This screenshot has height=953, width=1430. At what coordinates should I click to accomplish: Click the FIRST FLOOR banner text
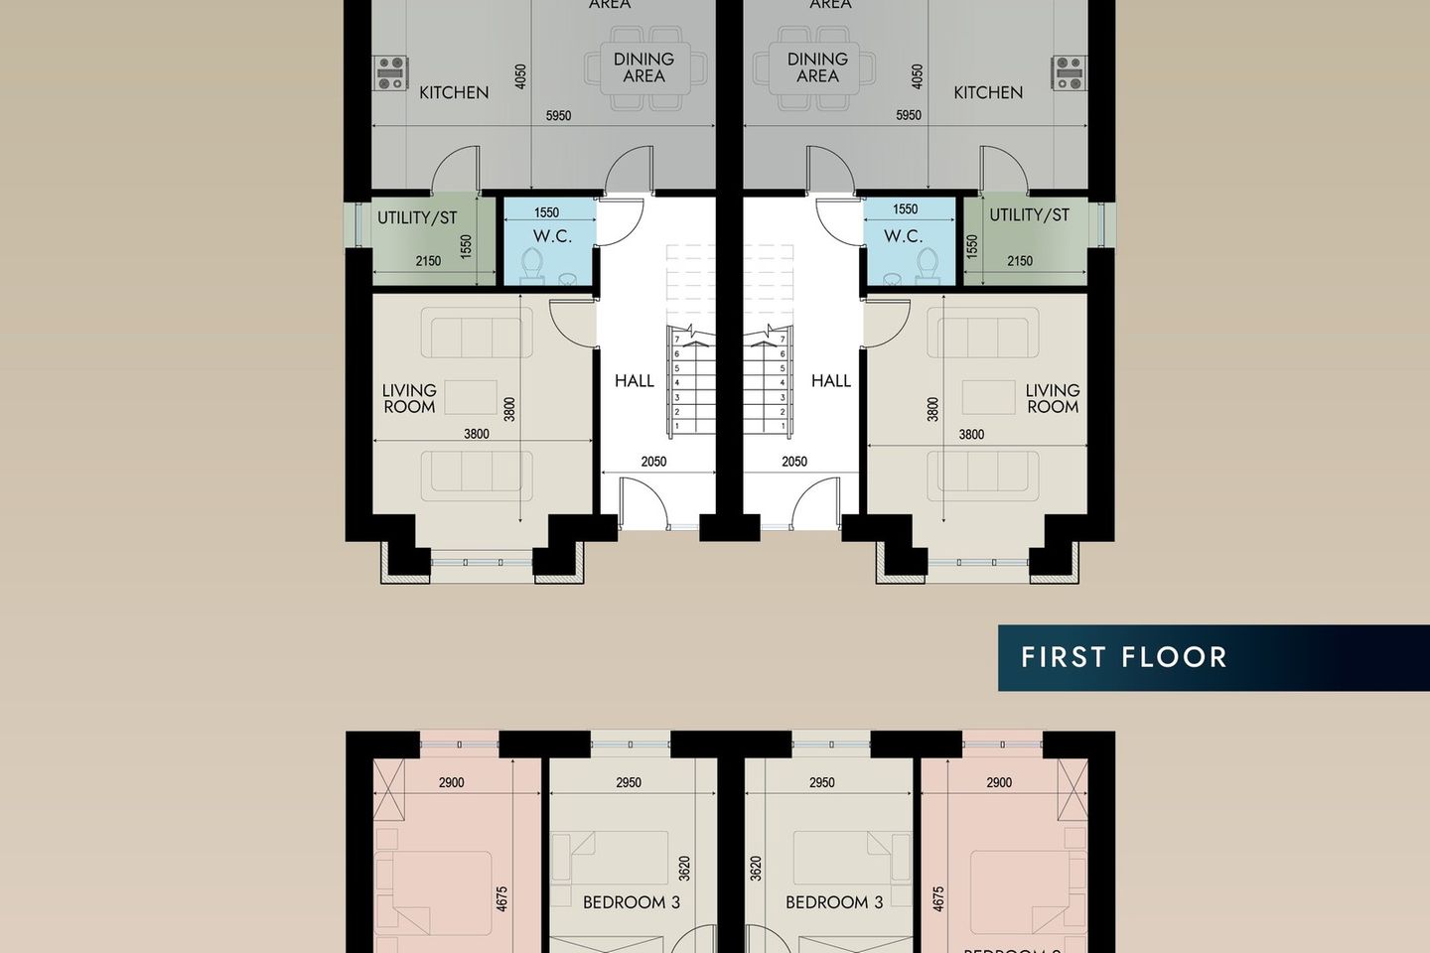click(x=1123, y=657)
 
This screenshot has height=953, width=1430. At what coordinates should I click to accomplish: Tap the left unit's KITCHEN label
click(x=454, y=92)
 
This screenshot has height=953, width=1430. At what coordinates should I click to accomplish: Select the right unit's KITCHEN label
click(x=988, y=92)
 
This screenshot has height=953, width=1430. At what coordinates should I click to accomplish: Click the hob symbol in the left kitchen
click(x=390, y=73)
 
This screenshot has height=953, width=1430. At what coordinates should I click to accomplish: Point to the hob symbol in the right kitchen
click(x=1070, y=73)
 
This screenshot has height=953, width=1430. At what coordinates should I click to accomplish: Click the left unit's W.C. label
click(x=552, y=236)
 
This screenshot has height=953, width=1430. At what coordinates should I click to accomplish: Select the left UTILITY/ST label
click(x=417, y=217)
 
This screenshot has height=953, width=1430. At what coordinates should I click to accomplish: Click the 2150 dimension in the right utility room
click(x=1020, y=261)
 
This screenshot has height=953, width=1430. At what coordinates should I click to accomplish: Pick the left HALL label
click(x=635, y=380)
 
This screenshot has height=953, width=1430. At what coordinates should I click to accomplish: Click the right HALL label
click(x=831, y=380)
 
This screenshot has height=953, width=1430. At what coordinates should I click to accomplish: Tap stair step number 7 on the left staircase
click(x=677, y=340)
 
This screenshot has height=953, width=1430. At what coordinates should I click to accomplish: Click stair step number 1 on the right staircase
click(x=783, y=426)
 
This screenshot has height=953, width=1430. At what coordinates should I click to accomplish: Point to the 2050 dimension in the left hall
click(x=653, y=462)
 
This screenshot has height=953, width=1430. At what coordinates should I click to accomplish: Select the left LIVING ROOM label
click(x=409, y=398)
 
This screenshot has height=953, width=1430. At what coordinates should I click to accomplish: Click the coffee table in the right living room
click(x=988, y=397)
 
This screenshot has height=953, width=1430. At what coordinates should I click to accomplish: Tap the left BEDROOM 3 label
click(x=632, y=902)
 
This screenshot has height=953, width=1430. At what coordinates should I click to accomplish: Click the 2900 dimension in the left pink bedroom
click(x=452, y=782)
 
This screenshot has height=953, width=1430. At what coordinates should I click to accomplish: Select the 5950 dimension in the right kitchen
click(x=909, y=115)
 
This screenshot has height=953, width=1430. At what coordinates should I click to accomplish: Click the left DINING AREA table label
click(x=643, y=68)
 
